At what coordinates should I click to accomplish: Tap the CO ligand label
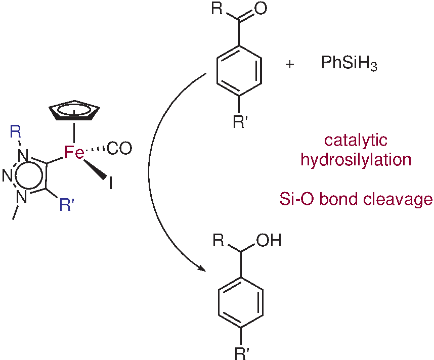[x=120, y=148]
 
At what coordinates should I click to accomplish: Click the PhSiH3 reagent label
[x=349, y=64]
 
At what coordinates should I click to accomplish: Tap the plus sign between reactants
[x=290, y=65]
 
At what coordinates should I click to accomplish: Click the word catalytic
[x=356, y=141]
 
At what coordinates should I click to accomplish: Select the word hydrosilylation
[x=356, y=160]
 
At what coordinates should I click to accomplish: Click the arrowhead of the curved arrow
[x=203, y=271]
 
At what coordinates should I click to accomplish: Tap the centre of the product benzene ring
[x=240, y=302]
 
